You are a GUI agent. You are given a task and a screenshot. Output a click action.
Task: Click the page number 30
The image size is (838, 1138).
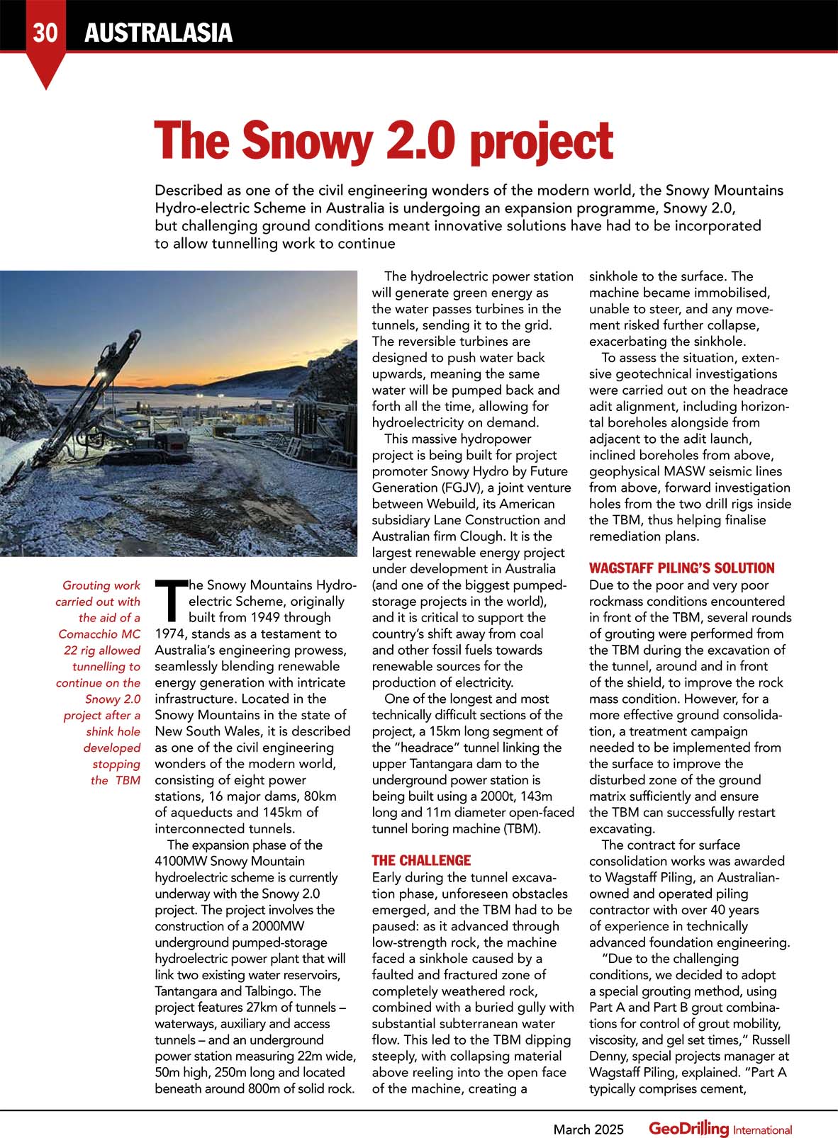click(x=45, y=33)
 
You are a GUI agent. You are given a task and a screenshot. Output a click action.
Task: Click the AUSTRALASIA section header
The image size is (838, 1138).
click(x=158, y=33)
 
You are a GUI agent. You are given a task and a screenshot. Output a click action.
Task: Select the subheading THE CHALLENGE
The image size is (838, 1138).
click(x=421, y=860)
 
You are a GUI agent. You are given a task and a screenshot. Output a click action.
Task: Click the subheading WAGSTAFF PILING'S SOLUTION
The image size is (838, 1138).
click(x=682, y=568)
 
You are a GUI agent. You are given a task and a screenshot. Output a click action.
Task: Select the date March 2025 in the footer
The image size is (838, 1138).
click(x=588, y=1129)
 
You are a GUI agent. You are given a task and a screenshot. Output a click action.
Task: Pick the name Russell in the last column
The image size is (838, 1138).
click(x=771, y=1040)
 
